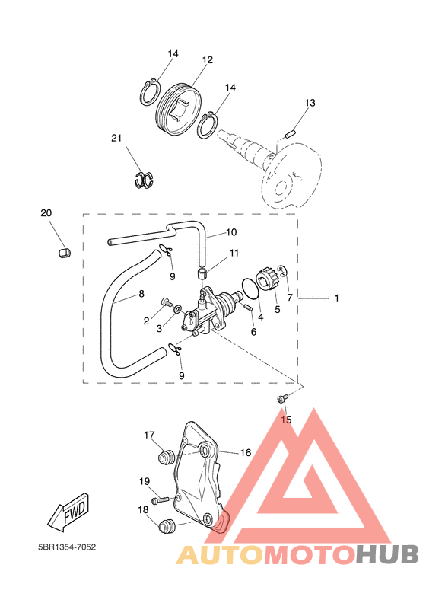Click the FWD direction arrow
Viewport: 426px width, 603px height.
69,512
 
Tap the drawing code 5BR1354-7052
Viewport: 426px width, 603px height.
67,547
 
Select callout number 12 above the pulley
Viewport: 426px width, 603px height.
208,60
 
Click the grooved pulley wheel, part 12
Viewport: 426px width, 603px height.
179,109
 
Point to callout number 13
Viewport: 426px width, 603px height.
310,103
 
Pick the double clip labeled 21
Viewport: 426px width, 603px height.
144,179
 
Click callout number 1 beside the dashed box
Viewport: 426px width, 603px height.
336,298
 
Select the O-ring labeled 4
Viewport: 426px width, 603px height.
250,289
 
